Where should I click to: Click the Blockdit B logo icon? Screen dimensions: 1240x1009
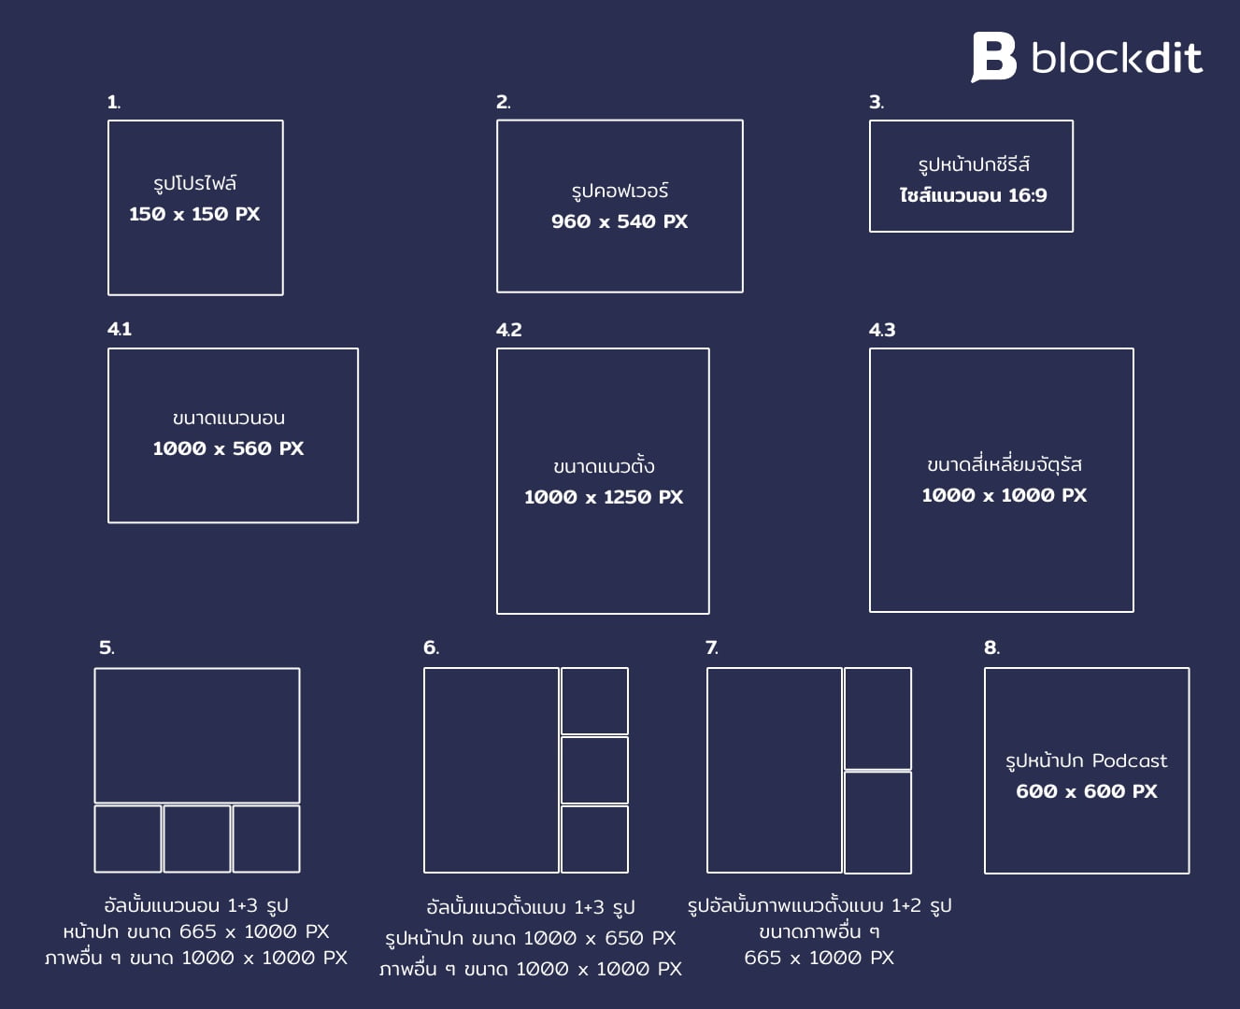click(993, 57)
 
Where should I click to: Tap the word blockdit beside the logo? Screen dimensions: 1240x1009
click(1118, 58)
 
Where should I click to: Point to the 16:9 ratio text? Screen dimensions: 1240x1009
click(1028, 195)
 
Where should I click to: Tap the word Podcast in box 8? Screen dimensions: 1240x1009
click(1130, 760)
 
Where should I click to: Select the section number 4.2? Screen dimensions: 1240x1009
click(509, 330)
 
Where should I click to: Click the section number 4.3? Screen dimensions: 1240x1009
click(882, 330)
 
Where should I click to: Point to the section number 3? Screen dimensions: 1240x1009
click(877, 103)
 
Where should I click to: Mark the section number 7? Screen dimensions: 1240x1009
click(711, 647)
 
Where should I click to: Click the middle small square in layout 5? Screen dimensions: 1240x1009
click(197, 839)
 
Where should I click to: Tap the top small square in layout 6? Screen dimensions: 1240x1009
click(594, 702)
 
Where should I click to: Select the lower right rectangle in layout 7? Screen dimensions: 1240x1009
click(877, 822)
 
